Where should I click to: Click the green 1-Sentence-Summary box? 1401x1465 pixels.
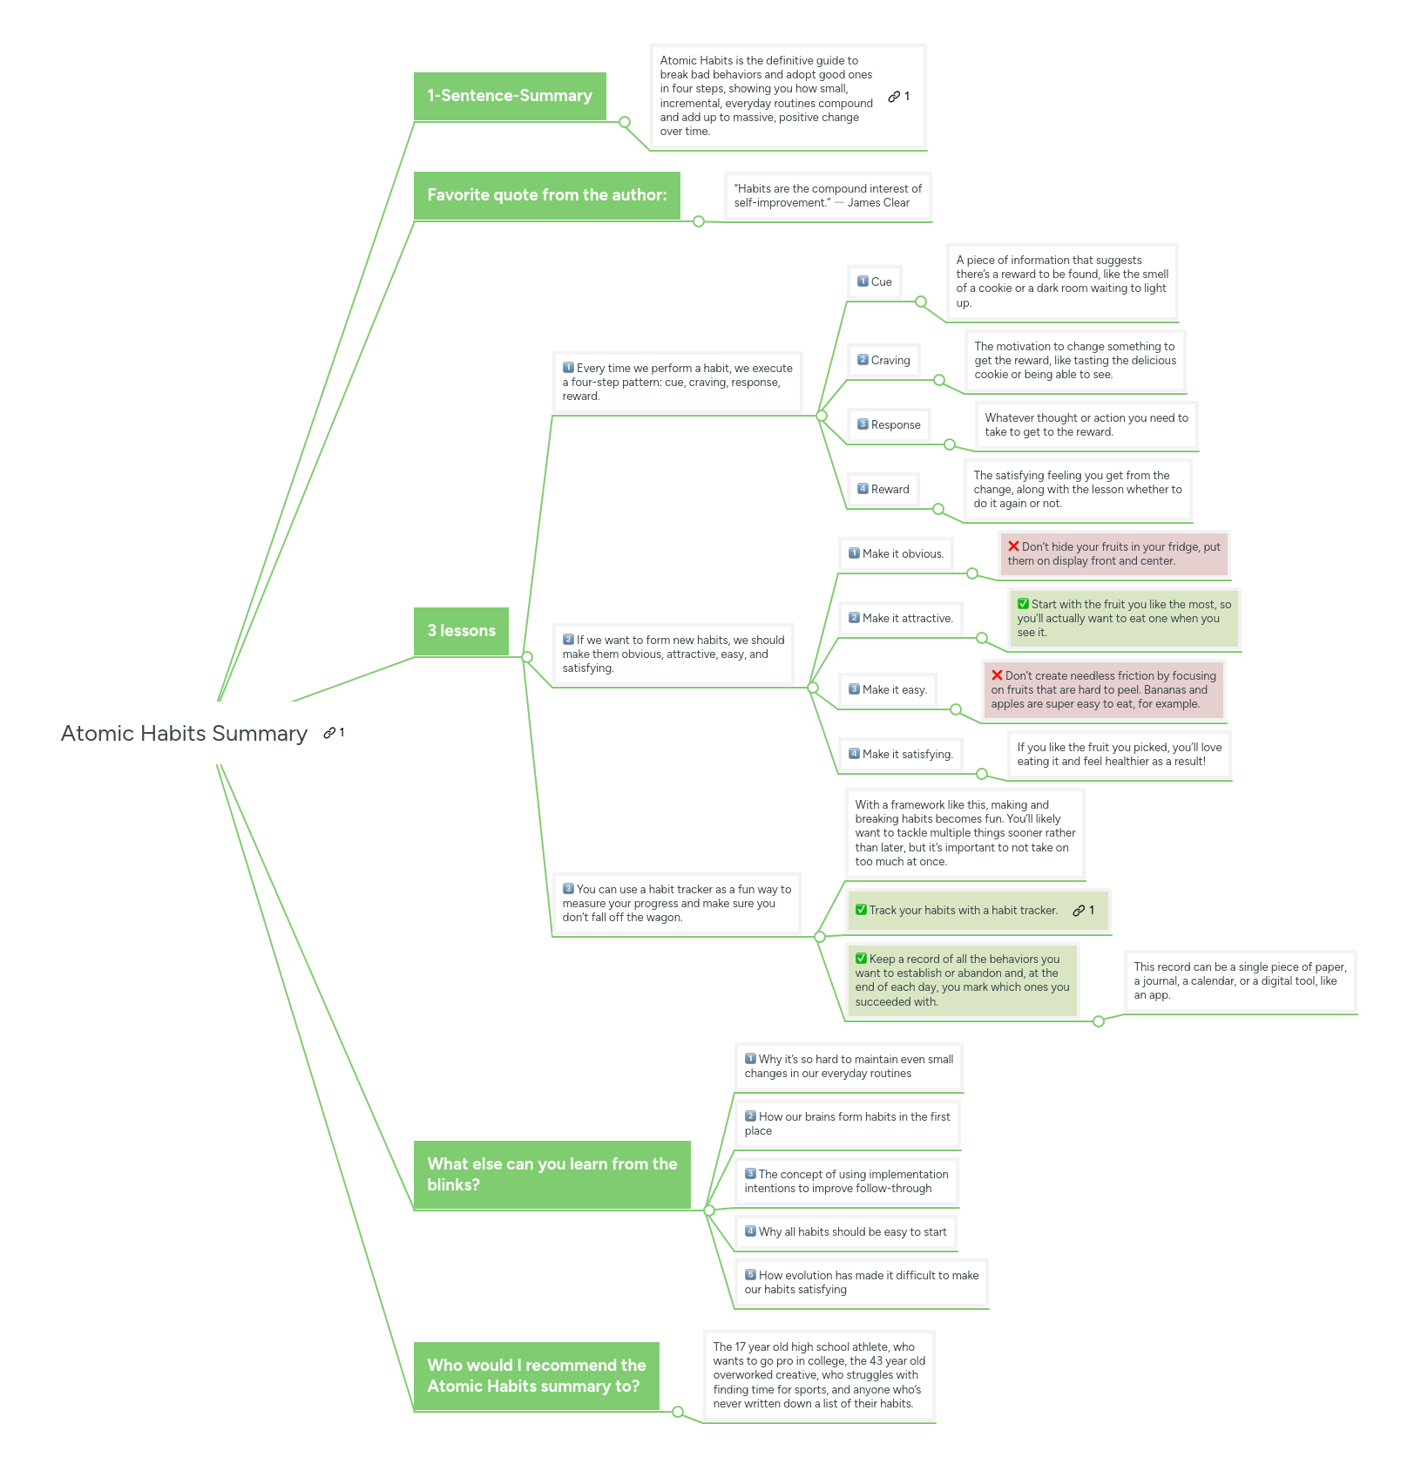(x=510, y=96)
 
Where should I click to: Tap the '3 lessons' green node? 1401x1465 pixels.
(x=461, y=631)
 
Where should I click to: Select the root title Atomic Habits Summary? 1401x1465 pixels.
(x=184, y=734)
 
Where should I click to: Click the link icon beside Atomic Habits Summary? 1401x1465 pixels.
(x=329, y=733)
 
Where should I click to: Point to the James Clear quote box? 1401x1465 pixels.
(x=827, y=196)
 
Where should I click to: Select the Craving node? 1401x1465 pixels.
(x=883, y=360)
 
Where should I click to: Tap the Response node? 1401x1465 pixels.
(x=889, y=424)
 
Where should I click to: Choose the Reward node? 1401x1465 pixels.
(x=883, y=489)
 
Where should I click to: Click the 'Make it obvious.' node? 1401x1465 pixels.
(x=896, y=553)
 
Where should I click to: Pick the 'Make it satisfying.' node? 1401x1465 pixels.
(x=900, y=754)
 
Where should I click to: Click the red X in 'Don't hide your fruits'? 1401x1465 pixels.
(x=1013, y=546)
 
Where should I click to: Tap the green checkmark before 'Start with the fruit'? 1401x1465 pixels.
(x=1024, y=604)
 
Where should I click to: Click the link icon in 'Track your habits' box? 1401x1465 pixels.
(x=1079, y=910)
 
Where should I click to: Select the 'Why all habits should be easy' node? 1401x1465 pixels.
(x=845, y=1231)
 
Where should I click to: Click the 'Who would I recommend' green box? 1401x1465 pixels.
(x=536, y=1375)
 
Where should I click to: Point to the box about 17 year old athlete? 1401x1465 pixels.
(x=818, y=1374)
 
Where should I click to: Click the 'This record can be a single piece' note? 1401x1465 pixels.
(x=1239, y=980)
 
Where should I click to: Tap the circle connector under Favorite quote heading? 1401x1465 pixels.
(x=699, y=221)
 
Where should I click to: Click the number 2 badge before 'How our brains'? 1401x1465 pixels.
(x=750, y=1116)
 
